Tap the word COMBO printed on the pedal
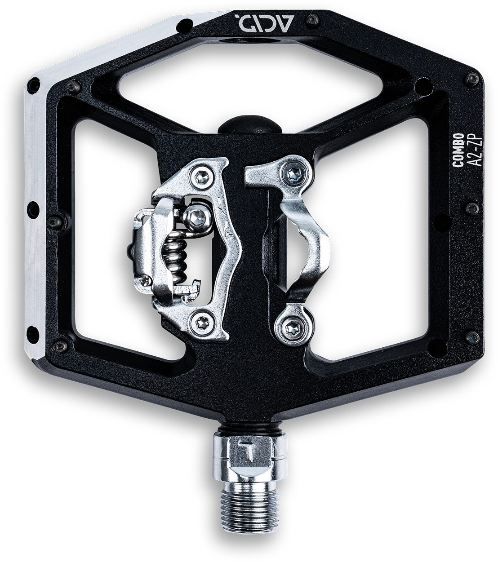click(x=459, y=148)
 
